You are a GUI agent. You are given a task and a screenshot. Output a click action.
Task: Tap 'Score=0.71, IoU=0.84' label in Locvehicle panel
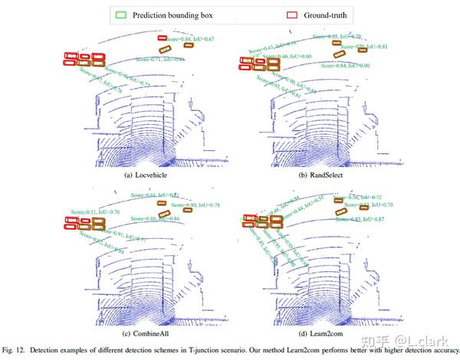click(161, 59)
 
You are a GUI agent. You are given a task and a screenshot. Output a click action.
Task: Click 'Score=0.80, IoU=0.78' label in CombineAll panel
click(196, 205)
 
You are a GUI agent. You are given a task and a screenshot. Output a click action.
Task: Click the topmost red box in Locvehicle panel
click(162, 38)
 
